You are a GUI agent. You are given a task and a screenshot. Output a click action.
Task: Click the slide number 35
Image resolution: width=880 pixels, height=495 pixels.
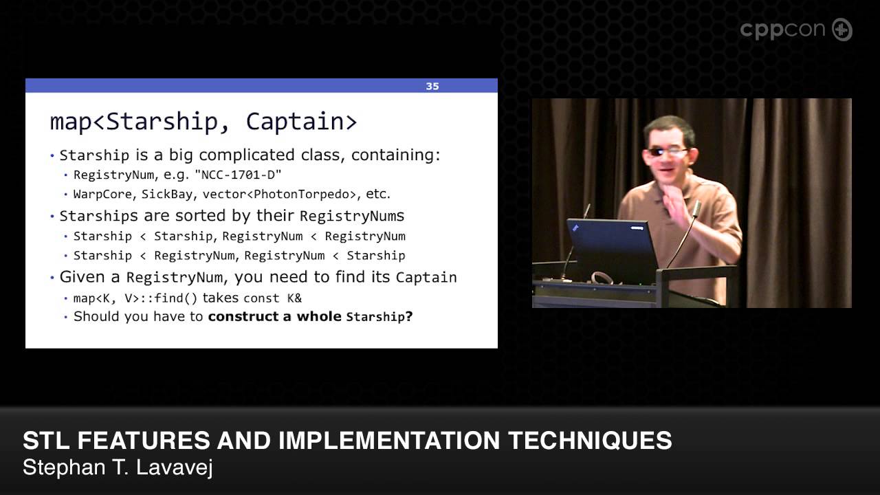pos(432,87)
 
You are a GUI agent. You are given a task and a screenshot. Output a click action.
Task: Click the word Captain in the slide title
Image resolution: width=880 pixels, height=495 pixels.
pos(301,121)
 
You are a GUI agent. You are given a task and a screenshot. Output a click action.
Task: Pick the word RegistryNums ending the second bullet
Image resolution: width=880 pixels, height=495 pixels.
pos(352,216)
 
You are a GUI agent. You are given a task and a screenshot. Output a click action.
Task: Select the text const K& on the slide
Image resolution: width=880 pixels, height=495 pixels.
pos(272,298)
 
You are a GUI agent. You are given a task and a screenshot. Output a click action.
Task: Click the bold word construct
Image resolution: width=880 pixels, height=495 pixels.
pos(250,317)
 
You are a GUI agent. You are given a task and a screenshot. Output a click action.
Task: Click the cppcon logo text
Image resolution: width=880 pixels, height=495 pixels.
pos(783,30)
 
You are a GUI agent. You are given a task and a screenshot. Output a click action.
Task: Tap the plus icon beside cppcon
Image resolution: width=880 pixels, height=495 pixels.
pos(842,30)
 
